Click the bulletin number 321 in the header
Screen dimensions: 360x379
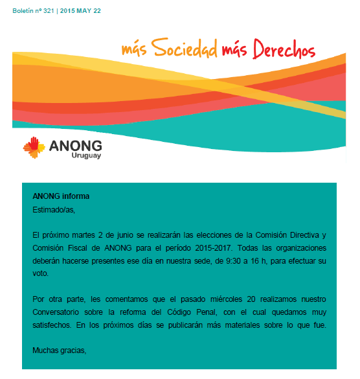click(47, 11)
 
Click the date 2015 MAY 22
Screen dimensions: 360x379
click(80, 11)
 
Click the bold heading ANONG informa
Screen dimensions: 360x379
click(61, 196)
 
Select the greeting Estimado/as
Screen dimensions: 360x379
click(54, 209)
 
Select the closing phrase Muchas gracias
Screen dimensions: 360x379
click(59, 350)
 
